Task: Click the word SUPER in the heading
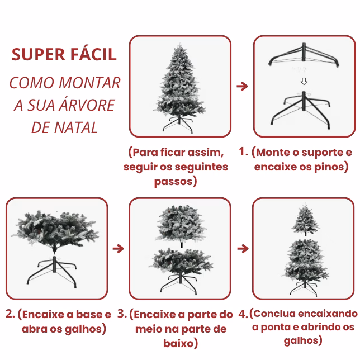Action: coord(39,55)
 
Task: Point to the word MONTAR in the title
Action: coord(89,83)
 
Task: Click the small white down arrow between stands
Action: coord(304,81)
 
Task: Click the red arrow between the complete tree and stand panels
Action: coord(242,86)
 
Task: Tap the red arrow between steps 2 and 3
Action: coord(119,248)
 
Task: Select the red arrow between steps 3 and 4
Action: coord(243,248)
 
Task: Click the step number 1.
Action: coord(243,151)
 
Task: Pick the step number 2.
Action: coord(10,314)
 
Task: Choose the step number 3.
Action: coord(122,314)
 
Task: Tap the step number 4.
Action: coord(243,314)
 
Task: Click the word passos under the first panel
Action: coord(173,182)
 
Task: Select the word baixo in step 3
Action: coord(178,343)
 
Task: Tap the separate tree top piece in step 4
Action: coord(305,219)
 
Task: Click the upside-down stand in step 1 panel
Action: coord(304,55)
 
